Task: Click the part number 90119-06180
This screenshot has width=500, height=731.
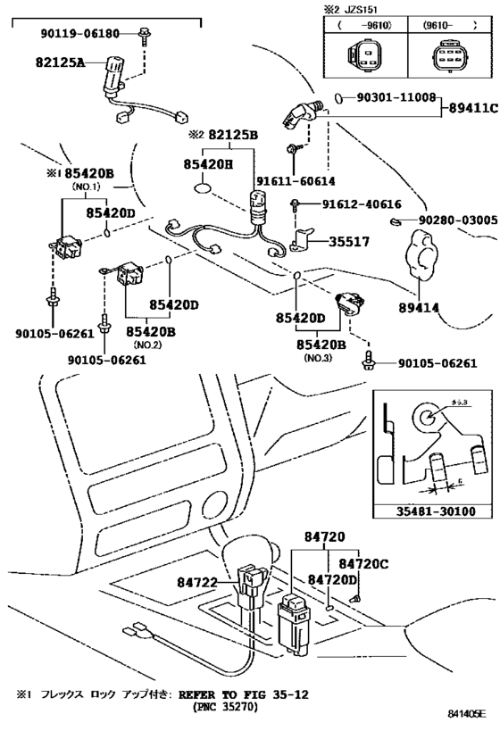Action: click(78, 33)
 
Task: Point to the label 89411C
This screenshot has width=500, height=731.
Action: click(471, 108)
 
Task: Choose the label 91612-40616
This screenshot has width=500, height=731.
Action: click(345, 204)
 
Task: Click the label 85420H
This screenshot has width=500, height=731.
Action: click(209, 164)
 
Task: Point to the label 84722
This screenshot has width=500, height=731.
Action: click(198, 581)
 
